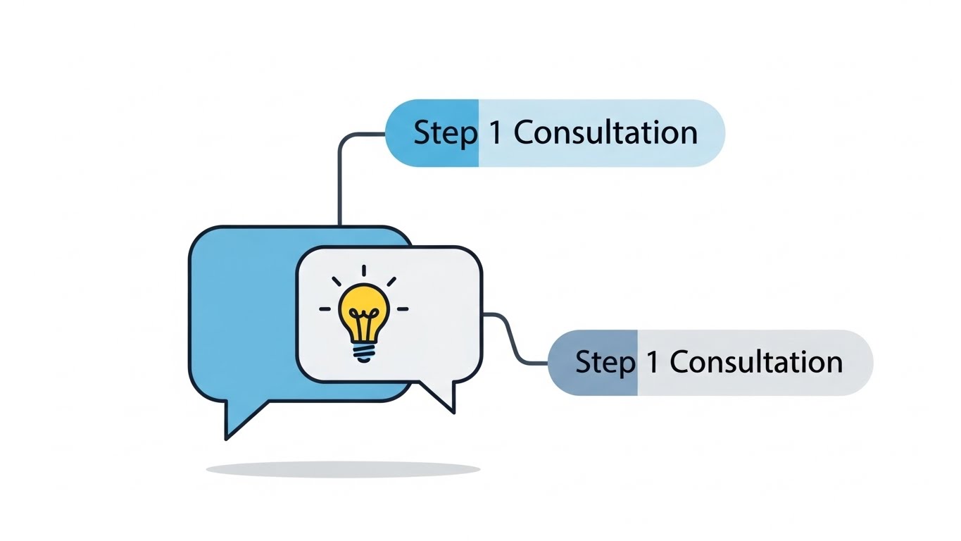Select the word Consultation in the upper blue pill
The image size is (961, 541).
605,133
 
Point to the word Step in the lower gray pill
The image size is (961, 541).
605,363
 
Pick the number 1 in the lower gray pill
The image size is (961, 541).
652,362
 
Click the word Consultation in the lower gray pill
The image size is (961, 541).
755,362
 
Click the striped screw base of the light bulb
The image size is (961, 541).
363,350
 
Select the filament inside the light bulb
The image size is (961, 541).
363,324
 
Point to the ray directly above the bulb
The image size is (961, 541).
364,270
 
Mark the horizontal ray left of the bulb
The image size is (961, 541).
325,309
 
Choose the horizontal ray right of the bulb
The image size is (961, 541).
403,309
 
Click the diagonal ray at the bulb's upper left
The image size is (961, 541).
337,281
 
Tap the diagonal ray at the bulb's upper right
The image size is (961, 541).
391,281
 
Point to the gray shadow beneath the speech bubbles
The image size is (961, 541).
343,469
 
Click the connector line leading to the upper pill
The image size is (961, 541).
341,176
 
